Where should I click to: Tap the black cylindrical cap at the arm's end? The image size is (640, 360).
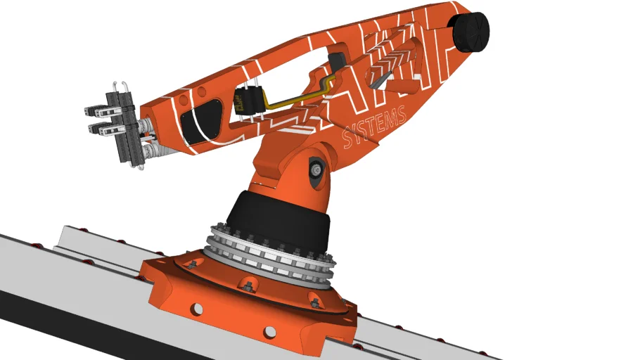click(470, 32)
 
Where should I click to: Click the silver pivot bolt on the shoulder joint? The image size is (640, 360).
click(315, 169)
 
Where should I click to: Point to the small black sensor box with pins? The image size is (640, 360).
click(248, 101)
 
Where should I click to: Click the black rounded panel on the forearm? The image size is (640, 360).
click(201, 121)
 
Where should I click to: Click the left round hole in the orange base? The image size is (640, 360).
click(197, 309)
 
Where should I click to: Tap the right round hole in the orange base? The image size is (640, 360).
click(269, 332)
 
